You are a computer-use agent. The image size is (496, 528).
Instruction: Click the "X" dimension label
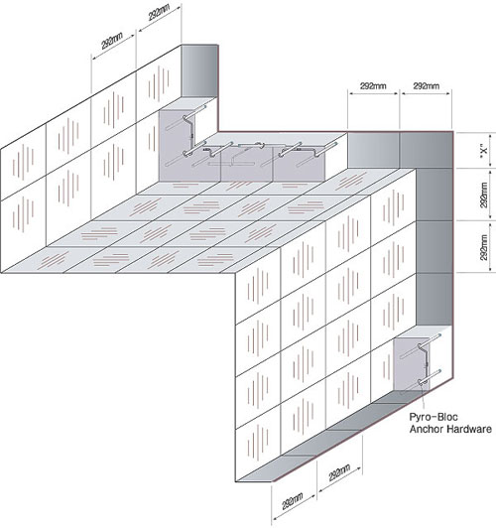coord(484,151)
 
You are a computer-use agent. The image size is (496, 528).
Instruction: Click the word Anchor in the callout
coord(427,429)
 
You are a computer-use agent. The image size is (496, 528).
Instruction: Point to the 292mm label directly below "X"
coord(484,195)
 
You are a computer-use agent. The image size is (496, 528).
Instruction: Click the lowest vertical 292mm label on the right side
coord(484,247)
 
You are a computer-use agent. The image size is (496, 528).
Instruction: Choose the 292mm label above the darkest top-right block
coord(427,86)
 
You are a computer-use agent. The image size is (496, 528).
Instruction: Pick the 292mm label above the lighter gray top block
coord(374,86)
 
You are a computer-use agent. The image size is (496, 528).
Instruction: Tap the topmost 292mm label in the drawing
coord(159,13)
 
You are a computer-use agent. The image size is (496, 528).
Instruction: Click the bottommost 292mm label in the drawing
coord(293,501)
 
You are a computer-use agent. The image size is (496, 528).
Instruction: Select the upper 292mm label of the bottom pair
coord(339,472)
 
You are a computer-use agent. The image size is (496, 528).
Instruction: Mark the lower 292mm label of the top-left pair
coord(112,41)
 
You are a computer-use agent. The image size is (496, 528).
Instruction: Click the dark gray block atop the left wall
coord(199,71)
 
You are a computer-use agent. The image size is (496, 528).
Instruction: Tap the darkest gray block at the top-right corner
coord(427,150)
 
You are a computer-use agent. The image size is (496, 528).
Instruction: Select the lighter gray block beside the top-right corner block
coord(374,150)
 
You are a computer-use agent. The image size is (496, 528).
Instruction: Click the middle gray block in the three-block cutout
coord(247,164)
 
